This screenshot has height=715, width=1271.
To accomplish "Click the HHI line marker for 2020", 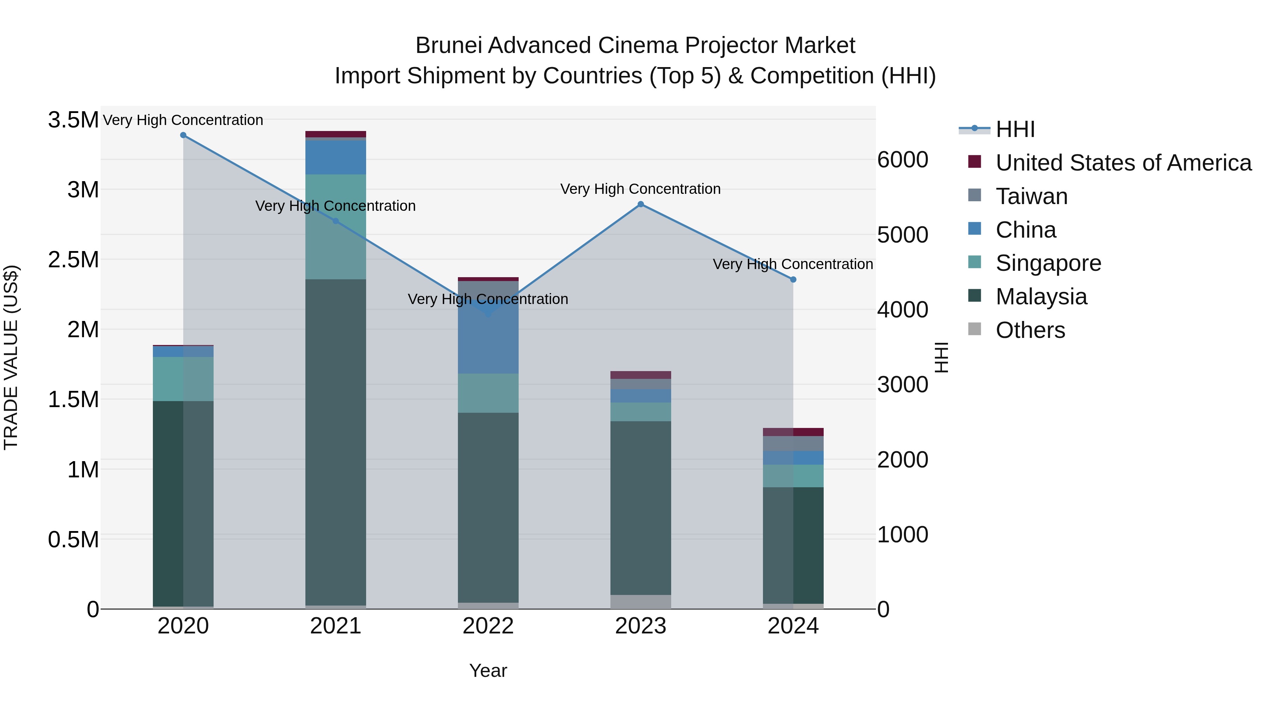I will tap(183, 135).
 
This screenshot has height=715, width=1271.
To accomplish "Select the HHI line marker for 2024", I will tap(793, 280).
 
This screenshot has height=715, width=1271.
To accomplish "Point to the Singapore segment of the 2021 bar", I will tap(335, 227).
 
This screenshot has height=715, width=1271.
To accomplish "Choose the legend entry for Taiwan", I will tap(1031, 196).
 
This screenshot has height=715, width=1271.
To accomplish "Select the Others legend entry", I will tap(1030, 330).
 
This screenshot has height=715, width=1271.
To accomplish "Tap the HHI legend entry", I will tap(1014, 129).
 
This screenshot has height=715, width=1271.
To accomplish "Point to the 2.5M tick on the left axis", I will tap(73, 260).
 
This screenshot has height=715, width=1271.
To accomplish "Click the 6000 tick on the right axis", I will tap(902, 160).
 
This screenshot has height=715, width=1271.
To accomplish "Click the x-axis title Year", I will tap(488, 671).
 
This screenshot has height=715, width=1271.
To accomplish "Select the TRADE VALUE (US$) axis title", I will tap(11, 357).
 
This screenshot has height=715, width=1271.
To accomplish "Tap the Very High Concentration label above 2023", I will tap(640, 189).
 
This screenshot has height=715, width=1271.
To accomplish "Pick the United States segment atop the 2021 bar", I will tap(335, 134).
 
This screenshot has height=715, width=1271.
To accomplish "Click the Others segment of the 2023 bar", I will tap(640, 602).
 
